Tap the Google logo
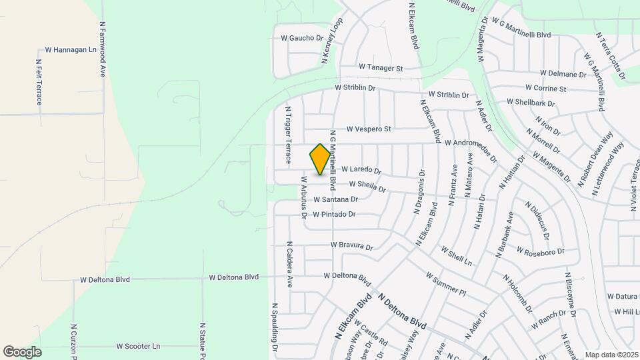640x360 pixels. point(22,352)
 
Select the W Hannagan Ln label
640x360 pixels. point(71,50)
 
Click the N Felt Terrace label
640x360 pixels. point(39,82)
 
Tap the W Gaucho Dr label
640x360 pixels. point(302,38)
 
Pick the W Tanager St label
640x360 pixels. point(381,68)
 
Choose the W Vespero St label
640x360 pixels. point(368,129)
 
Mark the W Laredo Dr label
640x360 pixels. point(361,171)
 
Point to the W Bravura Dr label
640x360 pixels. point(352,246)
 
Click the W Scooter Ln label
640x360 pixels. point(138,347)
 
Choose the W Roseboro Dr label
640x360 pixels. point(543,251)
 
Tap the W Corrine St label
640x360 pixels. point(545,88)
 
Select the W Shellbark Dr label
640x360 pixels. point(531,102)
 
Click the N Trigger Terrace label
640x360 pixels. point(288,135)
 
